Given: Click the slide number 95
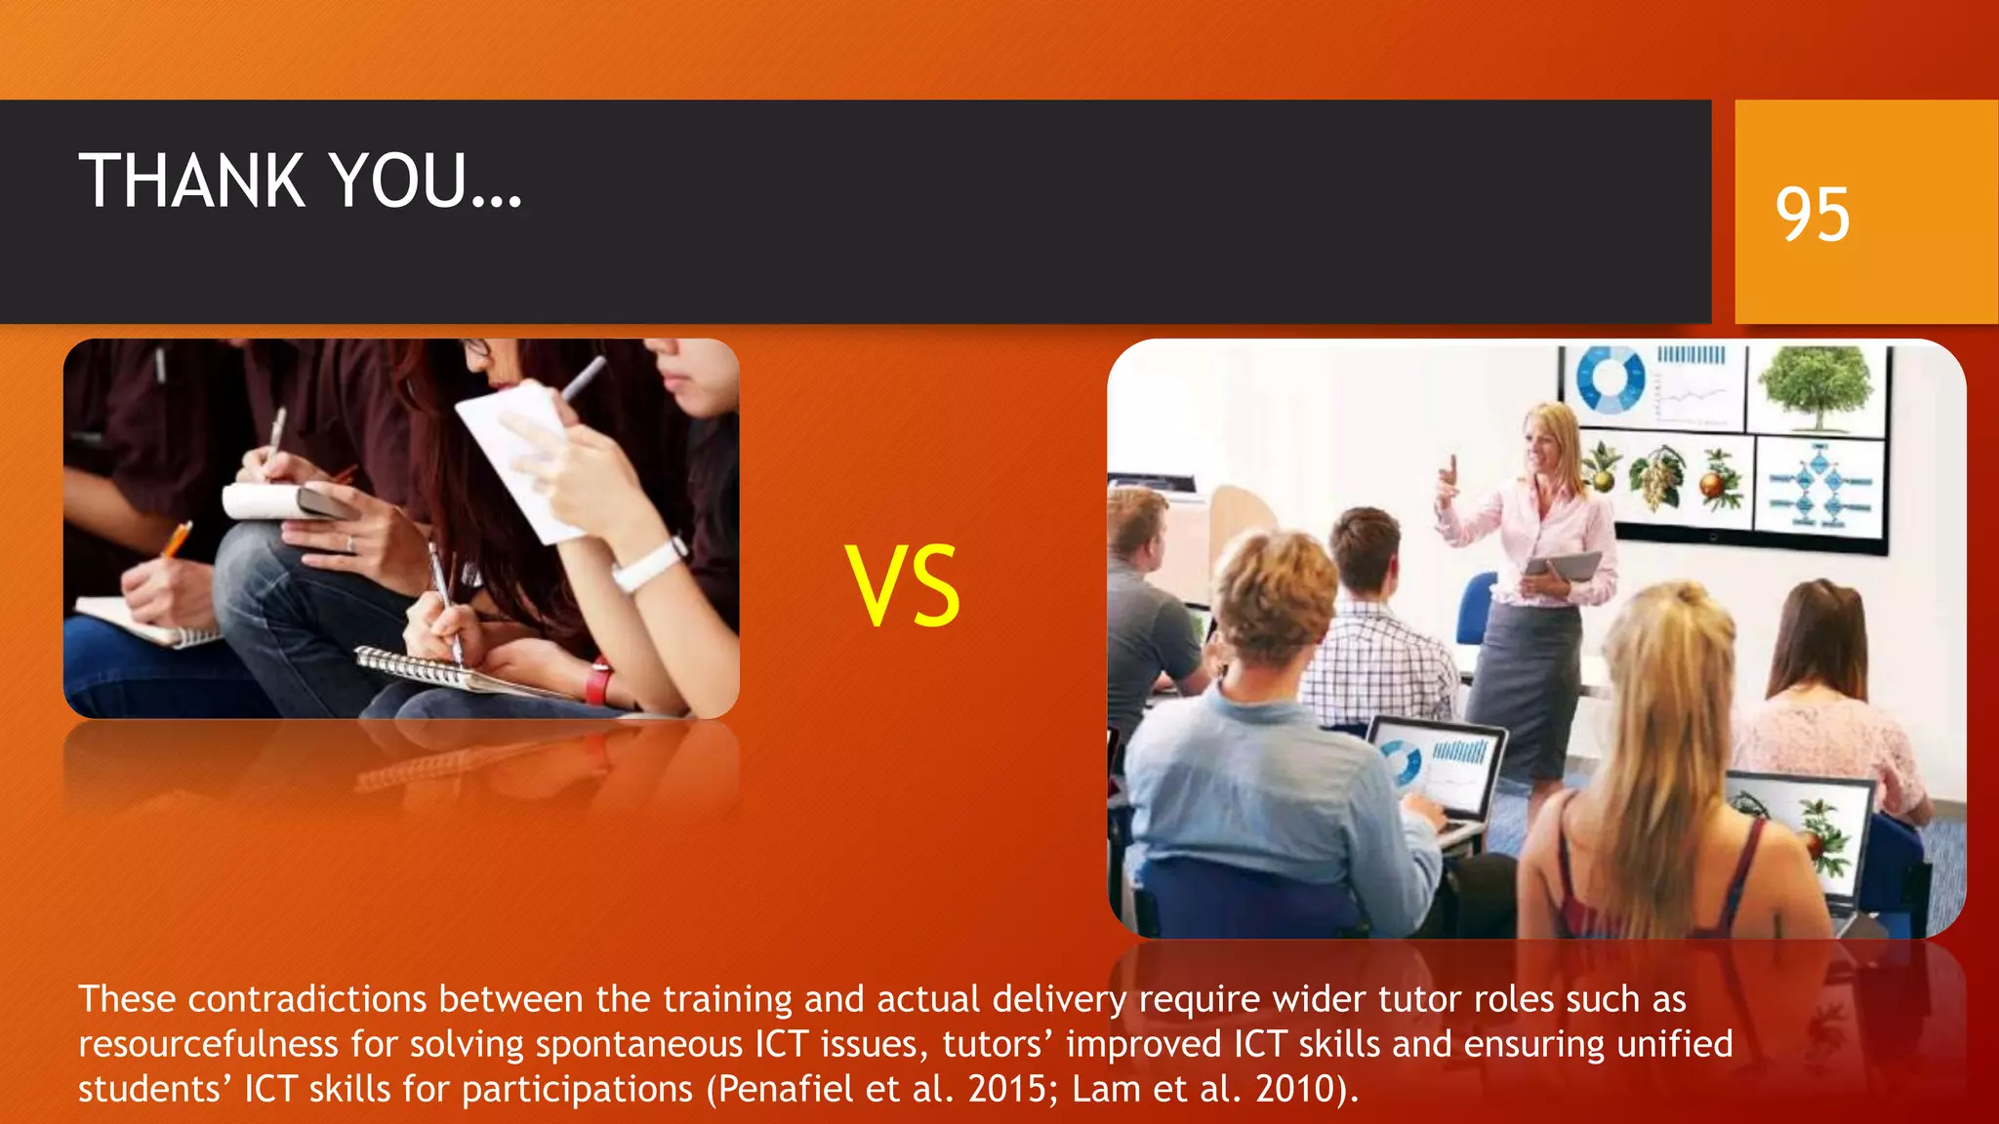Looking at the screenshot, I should coord(1812,214).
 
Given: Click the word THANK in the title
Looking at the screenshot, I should coord(192,181).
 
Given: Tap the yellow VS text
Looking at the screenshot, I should coord(903,585).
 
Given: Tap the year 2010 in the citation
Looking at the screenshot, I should coord(1295,1089).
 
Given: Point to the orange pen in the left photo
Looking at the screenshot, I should coord(177,539).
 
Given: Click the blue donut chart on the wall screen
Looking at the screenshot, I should coord(1611,381).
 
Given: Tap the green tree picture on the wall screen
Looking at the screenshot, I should coord(1817,387).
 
